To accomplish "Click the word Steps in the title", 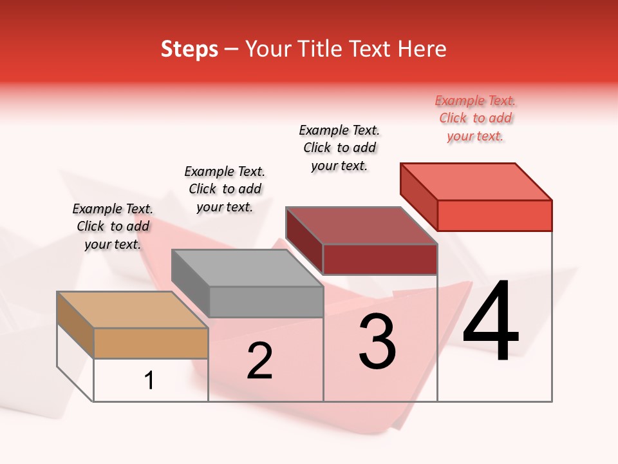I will (189, 49).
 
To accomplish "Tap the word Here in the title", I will (420, 49).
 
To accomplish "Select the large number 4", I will (491, 322).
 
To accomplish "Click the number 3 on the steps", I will (377, 342).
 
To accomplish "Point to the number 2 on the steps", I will (259, 361).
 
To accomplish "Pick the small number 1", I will (149, 381).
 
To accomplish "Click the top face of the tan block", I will (133, 310).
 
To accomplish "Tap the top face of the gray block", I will (247, 268).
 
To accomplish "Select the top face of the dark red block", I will (362, 226).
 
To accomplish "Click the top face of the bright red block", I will (476, 182).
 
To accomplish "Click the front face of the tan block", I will (151, 343).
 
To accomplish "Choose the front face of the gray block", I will (266, 302).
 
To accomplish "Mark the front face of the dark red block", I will (380, 259).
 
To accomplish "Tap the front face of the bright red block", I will (494, 215).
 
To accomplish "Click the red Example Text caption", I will (475, 119).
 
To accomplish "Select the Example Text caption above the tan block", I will (113, 226).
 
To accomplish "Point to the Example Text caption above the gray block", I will (225, 189).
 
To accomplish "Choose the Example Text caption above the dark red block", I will (339, 148).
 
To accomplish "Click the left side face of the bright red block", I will (418, 197).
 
